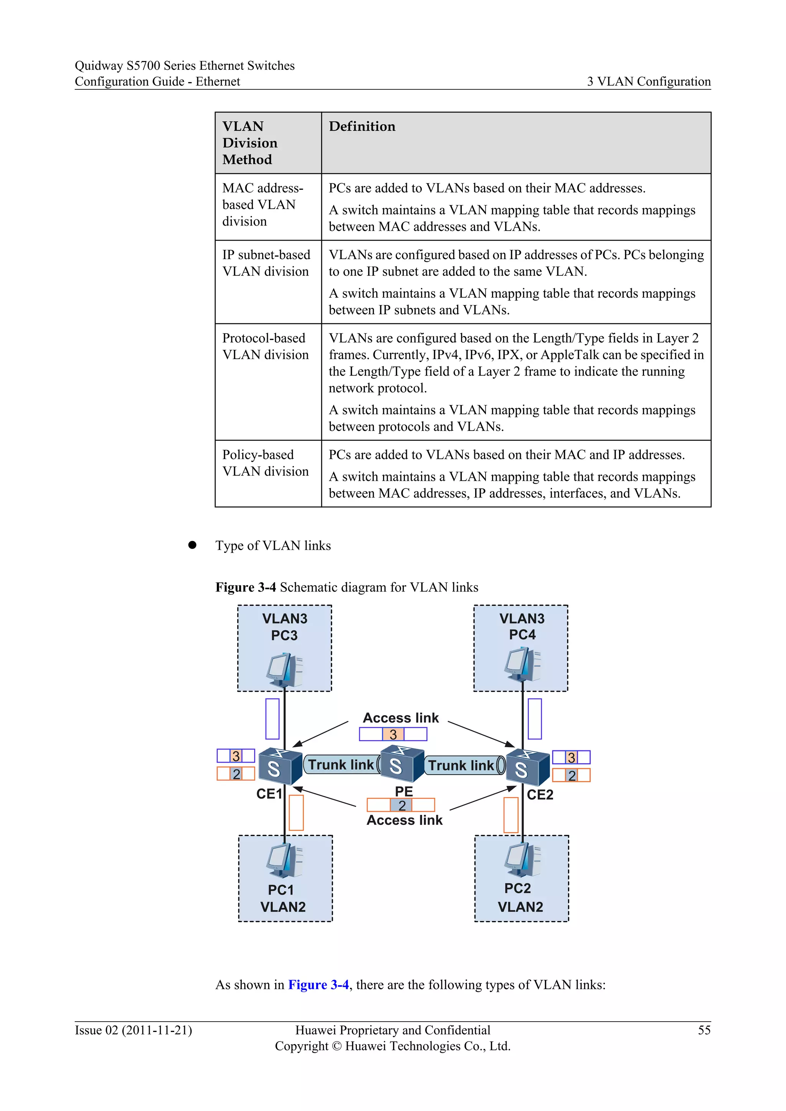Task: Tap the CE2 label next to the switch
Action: point(540,795)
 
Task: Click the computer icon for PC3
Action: point(285,670)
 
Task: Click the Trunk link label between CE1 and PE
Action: point(341,765)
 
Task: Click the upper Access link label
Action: point(401,718)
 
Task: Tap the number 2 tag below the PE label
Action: point(402,805)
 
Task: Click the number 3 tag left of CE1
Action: point(236,756)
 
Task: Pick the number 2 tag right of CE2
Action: point(571,776)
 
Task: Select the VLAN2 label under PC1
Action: point(283,907)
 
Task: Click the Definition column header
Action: point(362,126)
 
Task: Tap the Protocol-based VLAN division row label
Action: point(265,346)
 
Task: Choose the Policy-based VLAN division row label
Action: point(265,463)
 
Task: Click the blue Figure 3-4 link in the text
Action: point(318,985)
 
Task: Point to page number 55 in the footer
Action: point(704,1030)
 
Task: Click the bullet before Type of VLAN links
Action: point(192,545)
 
